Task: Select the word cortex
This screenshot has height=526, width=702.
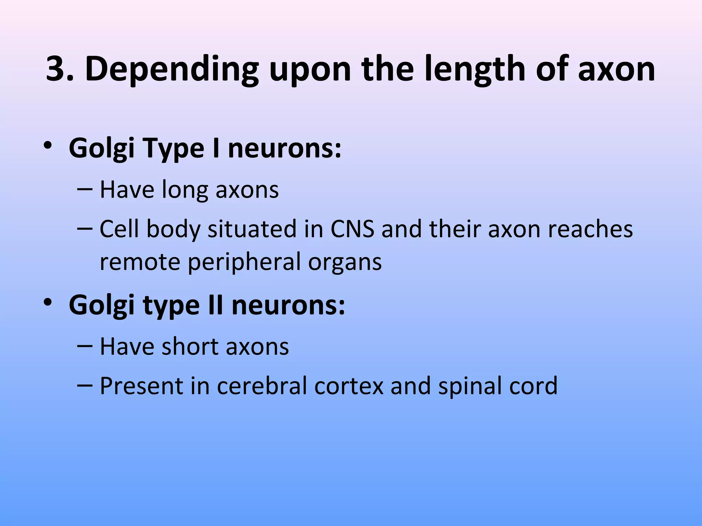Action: pos(349,386)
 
